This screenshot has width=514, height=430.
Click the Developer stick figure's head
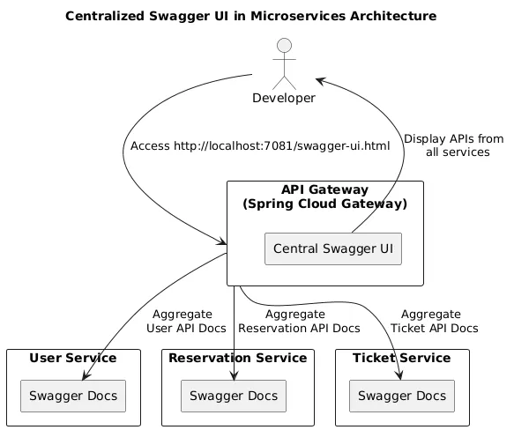point(283,47)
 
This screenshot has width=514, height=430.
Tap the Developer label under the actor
point(283,98)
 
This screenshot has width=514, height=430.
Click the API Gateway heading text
point(324,190)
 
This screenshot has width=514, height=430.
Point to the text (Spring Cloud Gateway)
point(324,204)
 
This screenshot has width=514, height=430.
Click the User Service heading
point(73,358)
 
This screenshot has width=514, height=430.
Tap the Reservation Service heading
point(237,358)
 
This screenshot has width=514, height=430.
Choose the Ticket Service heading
point(401,358)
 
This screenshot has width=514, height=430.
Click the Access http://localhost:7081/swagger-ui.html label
point(259,145)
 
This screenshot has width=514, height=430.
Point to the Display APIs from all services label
point(454,145)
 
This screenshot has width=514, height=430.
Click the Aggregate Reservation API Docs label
point(299,322)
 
